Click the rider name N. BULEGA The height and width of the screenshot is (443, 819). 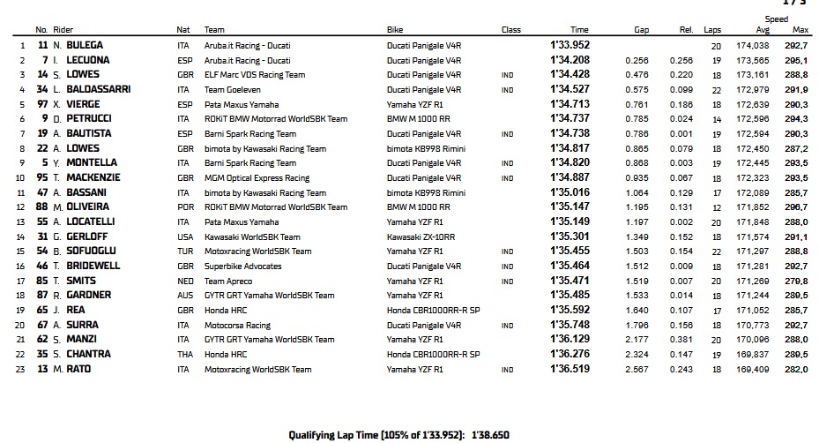pyautogui.click(x=83, y=45)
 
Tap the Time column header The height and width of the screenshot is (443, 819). pyautogui.click(x=579, y=29)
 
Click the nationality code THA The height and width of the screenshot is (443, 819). pyautogui.click(x=183, y=354)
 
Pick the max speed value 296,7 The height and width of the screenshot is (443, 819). pyautogui.click(x=797, y=207)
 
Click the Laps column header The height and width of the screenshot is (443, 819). pyautogui.click(x=712, y=29)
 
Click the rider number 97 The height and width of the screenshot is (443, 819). pyautogui.click(x=41, y=104)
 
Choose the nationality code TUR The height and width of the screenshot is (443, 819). pyautogui.click(x=183, y=252)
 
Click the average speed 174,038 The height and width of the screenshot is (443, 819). pyautogui.click(x=756, y=45)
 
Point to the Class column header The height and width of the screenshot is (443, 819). pyautogui.click(x=511, y=29)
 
